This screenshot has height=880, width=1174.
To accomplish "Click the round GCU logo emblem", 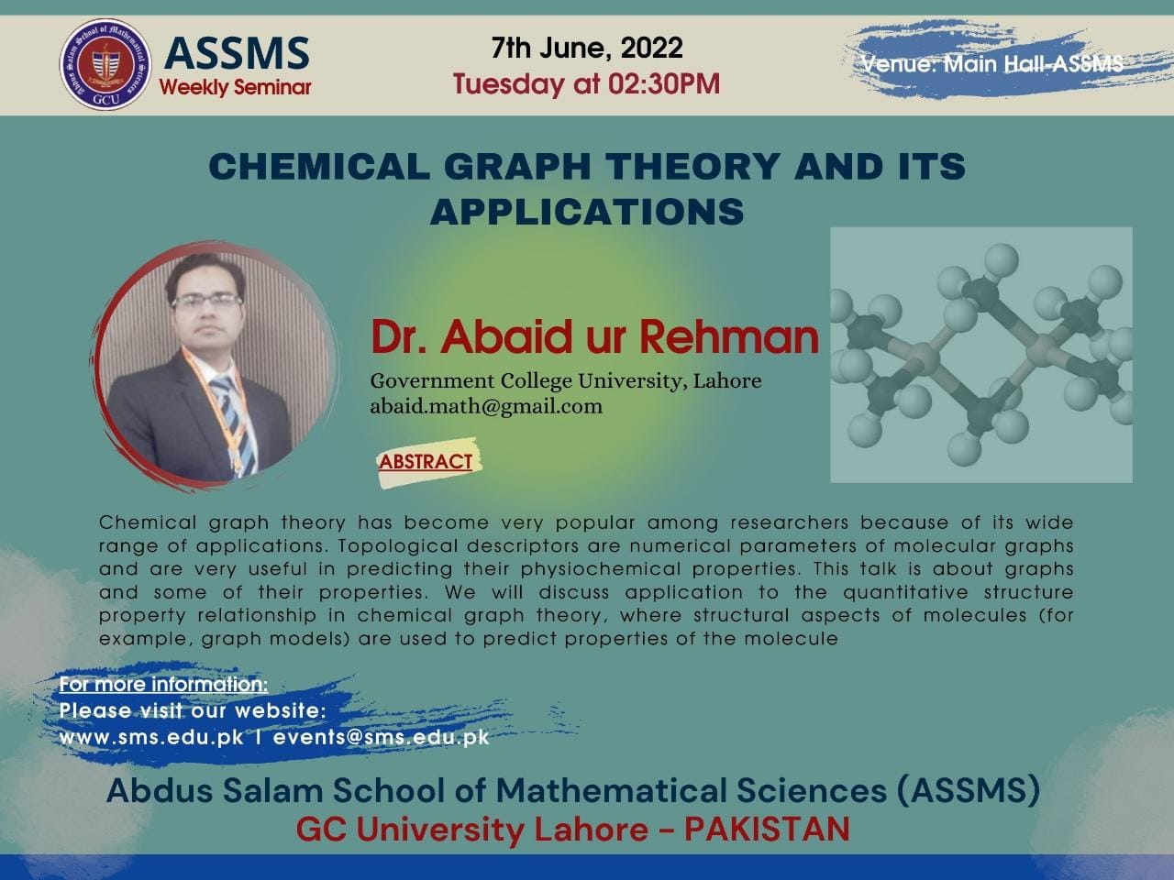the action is [x=105, y=65].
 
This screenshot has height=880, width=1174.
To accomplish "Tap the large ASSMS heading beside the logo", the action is [x=237, y=53].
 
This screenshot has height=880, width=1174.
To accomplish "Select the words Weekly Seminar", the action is [x=235, y=87].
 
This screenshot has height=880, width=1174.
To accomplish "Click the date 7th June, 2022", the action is [x=587, y=48].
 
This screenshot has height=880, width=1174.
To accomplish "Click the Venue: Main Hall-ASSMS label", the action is [x=992, y=64].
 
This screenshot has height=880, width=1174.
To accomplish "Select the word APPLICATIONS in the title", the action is [x=587, y=211].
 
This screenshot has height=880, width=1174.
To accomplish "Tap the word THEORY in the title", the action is [x=693, y=166].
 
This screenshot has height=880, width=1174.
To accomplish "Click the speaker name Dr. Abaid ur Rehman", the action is [x=594, y=337].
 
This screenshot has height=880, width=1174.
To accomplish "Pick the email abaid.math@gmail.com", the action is [x=486, y=407].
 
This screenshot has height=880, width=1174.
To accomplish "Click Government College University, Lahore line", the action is [x=566, y=381].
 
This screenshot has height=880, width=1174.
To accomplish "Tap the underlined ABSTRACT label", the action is [x=426, y=462].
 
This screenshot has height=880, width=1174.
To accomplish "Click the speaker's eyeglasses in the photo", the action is [x=206, y=301].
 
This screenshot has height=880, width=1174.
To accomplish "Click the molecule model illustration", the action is [x=980, y=355].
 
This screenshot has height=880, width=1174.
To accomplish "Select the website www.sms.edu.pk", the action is [x=151, y=738].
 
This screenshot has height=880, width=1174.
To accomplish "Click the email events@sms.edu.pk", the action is [x=381, y=738].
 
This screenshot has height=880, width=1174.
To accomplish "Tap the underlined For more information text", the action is [x=163, y=685].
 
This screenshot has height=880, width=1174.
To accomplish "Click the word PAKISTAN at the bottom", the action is [x=767, y=830].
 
